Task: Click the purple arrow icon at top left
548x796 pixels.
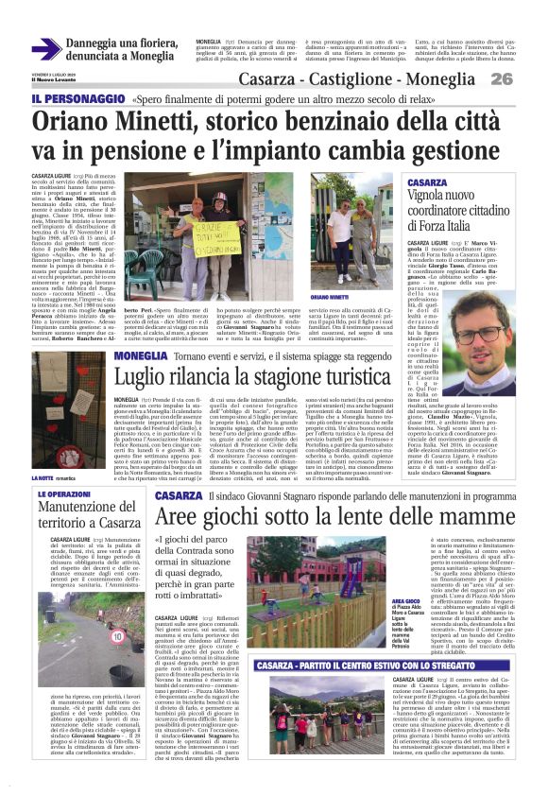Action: tap(45, 49)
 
